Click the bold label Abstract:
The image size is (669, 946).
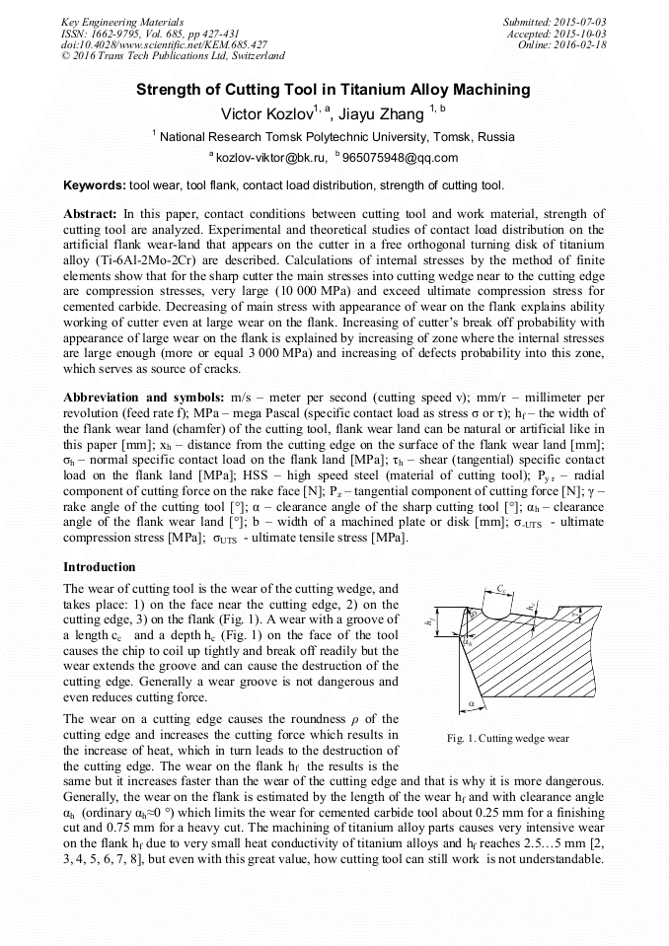(90, 213)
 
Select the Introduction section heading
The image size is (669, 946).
(100, 567)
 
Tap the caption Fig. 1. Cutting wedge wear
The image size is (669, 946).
(507, 738)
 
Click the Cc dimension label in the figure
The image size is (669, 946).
(502, 589)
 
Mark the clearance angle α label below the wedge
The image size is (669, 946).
(472, 704)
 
